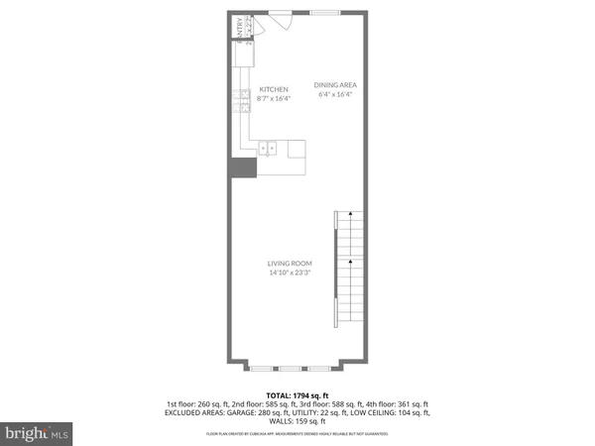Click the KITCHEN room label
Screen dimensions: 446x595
click(x=273, y=89)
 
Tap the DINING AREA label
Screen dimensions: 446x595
click(x=335, y=84)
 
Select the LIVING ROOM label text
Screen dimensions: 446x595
click(x=290, y=263)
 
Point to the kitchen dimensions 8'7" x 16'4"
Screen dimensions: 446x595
click(x=273, y=98)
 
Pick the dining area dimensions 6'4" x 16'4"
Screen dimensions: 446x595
click(x=335, y=95)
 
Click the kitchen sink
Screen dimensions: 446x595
click(x=267, y=149)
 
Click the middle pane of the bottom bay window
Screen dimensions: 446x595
click(x=297, y=368)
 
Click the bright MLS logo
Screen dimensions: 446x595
click(x=38, y=433)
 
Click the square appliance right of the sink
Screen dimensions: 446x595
click(x=297, y=149)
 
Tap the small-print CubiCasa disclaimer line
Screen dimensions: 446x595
click(x=297, y=434)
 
